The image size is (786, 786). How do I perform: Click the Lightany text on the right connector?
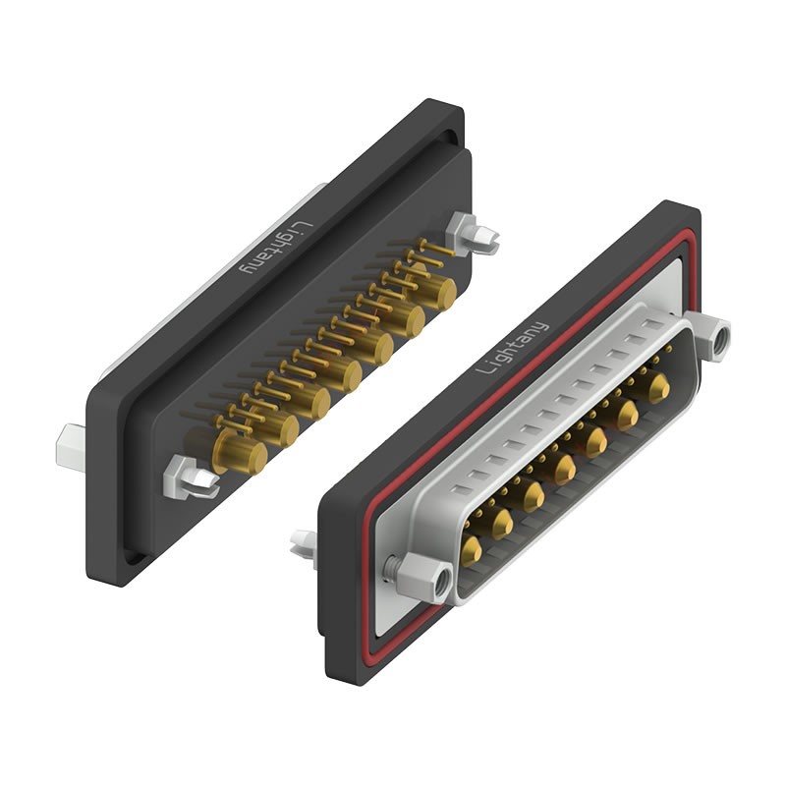pos(513,346)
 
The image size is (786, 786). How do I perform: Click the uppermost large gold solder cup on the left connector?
pos(436,291)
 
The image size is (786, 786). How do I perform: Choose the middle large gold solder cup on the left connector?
pos(340,373)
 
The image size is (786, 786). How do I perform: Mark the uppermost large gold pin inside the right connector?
pos(657,388)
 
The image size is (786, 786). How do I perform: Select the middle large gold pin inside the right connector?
pos(565,469)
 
